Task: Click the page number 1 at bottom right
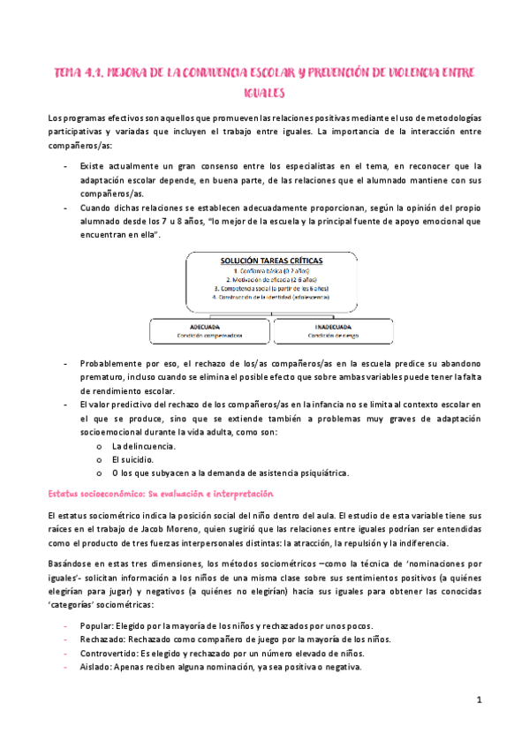coord(478,700)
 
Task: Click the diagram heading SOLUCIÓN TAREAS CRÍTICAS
coord(270,261)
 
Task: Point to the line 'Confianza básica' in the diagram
coord(270,270)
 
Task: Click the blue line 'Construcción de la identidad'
coord(270,297)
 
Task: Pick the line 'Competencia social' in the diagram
coord(270,288)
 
